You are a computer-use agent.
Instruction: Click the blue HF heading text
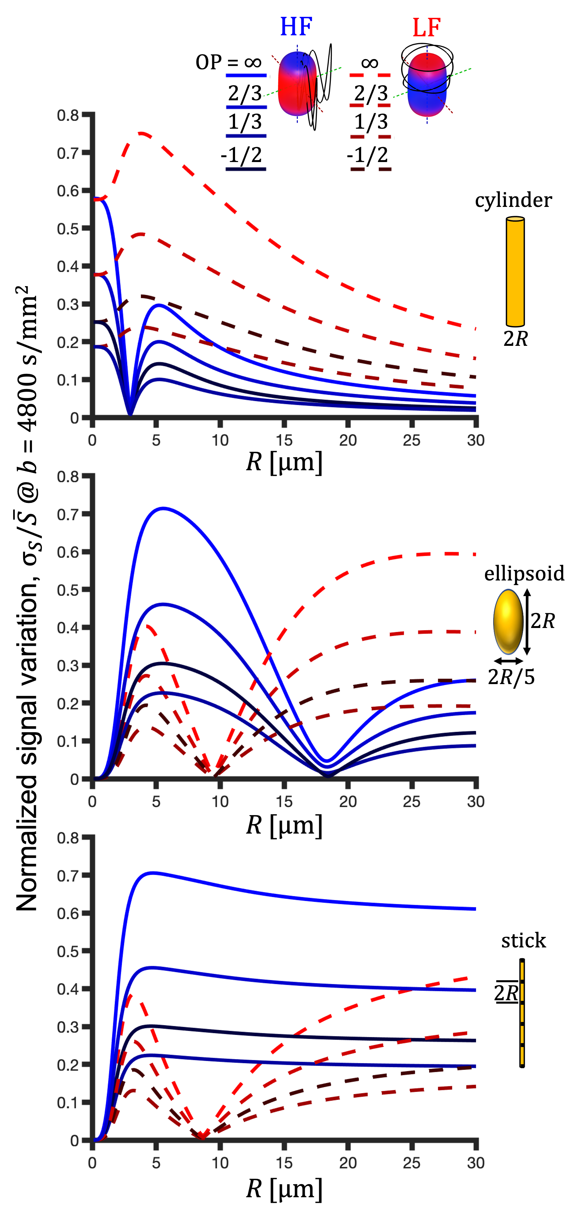(x=296, y=27)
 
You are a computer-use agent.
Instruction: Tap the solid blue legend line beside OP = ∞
(x=246, y=75)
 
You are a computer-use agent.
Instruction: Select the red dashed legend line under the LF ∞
(x=370, y=75)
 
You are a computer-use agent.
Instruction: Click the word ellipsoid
(x=524, y=574)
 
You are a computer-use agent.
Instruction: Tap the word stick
(x=524, y=940)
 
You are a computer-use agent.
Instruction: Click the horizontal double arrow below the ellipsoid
(x=508, y=661)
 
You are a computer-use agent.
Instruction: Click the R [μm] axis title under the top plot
(x=284, y=462)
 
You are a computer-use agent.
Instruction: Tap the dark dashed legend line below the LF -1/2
(x=370, y=169)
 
